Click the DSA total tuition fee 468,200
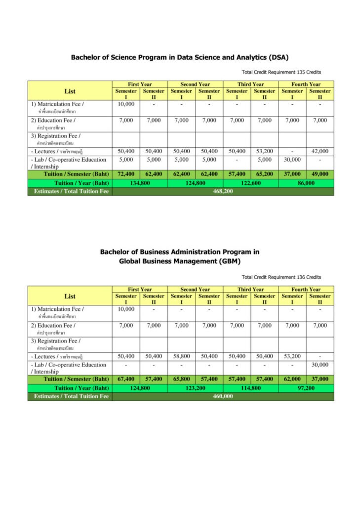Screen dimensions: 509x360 click(223, 192)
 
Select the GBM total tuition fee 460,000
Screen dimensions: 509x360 click(223, 396)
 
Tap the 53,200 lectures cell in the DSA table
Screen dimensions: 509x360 click(264, 151)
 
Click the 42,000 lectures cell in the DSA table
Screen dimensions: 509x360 click(320, 151)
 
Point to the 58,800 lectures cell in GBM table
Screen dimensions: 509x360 click(181, 356)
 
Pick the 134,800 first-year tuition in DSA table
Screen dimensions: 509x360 click(140, 183)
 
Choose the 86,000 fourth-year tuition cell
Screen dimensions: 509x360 click(306, 183)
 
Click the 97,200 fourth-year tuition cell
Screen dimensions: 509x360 click(306, 388)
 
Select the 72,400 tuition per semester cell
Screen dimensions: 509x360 click(126, 174)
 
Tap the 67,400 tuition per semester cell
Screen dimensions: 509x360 click(126, 379)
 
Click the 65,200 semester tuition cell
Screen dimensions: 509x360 click(264, 174)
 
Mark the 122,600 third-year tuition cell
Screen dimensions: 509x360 click(250, 183)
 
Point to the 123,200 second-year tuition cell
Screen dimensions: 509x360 click(195, 388)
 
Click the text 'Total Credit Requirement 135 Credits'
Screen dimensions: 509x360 click(281, 72)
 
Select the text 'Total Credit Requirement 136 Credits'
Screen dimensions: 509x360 click(281, 277)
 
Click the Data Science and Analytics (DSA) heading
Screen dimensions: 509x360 click(180, 57)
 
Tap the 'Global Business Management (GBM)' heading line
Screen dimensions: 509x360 click(180, 261)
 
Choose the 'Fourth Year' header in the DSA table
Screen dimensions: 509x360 click(306, 85)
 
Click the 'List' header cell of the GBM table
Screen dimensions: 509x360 click(70, 296)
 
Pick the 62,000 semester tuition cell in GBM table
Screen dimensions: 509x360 click(292, 379)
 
